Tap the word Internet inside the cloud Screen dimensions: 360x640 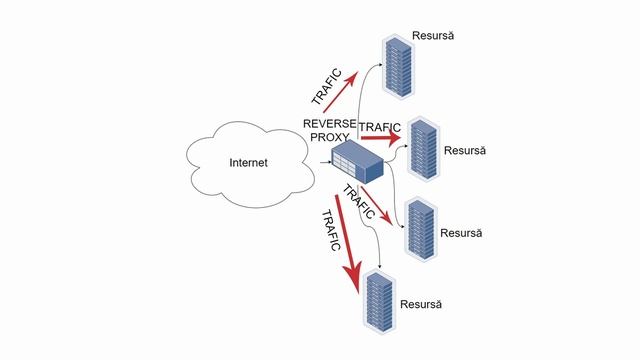[248, 163]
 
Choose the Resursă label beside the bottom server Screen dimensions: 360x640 [420, 303]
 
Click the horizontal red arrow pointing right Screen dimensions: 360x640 [380, 139]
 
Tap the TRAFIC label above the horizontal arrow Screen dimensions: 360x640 [379, 128]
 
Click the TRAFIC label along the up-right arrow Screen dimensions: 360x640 [326, 88]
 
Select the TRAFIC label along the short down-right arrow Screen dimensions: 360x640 [358, 202]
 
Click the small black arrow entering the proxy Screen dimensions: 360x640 [323, 160]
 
